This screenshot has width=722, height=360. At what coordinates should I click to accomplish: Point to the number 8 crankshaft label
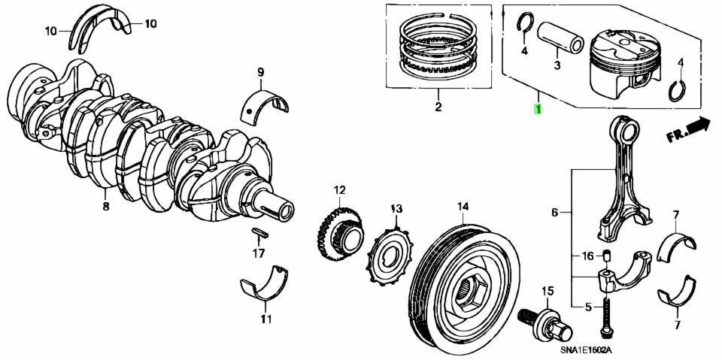105,204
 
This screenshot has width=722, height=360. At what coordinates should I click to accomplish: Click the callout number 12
339,189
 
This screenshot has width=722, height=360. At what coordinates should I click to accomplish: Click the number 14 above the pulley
462,206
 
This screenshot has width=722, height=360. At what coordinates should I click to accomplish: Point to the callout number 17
258,253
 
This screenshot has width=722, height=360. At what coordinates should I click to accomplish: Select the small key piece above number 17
259,231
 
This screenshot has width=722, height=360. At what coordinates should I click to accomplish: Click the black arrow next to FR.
698,126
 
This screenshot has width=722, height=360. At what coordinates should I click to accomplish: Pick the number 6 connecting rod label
555,213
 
